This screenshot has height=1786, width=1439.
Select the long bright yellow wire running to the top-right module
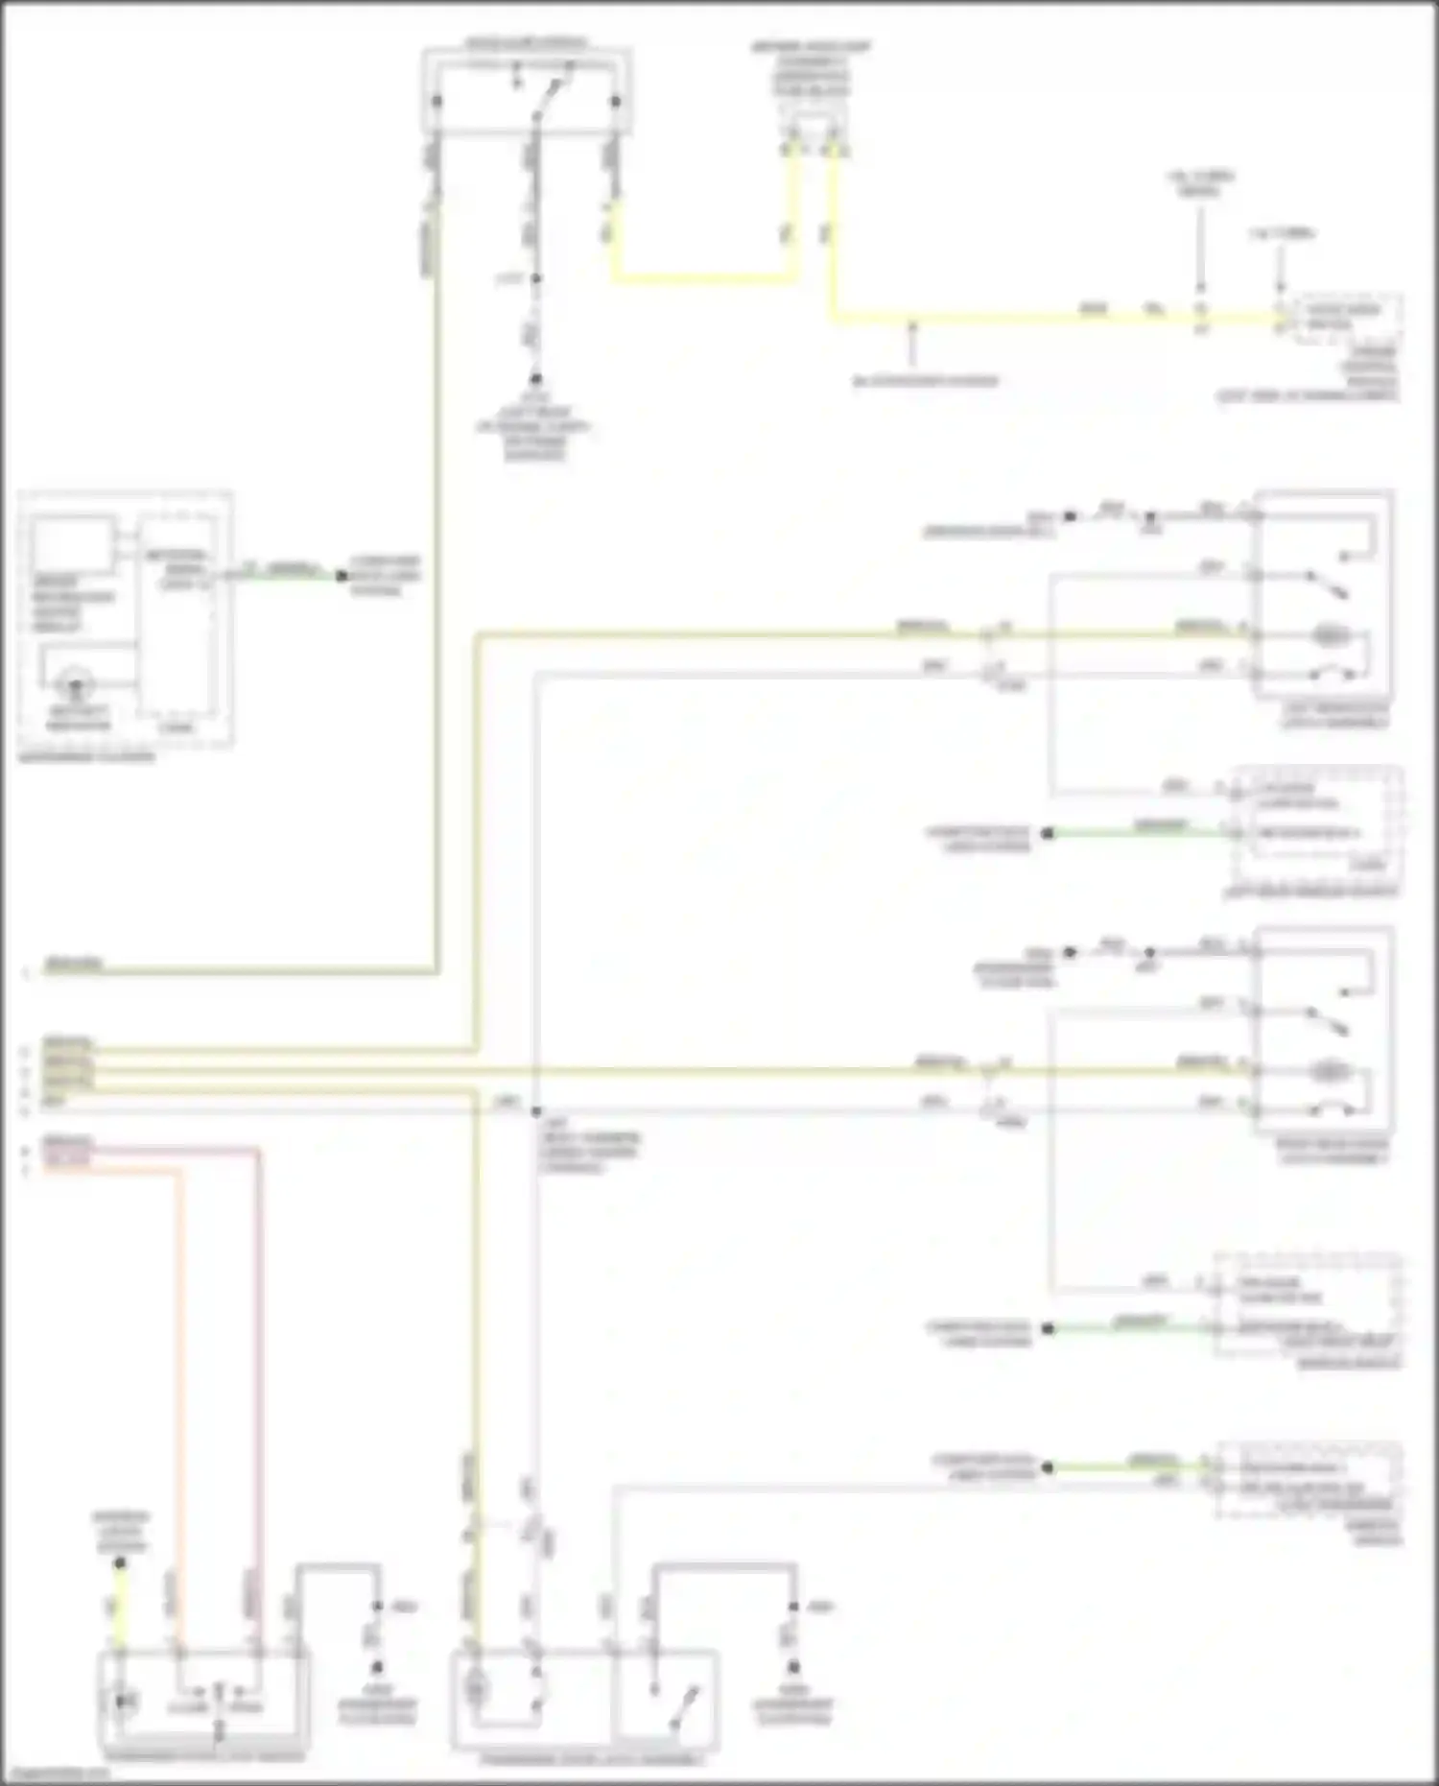click(x=1055, y=316)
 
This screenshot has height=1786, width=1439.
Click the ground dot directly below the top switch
click(x=535, y=379)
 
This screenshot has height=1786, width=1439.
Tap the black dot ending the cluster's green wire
click(x=341, y=576)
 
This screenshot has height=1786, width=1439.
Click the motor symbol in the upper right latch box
click(x=1331, y=634)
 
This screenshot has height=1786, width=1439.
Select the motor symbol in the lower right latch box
click(x=1331, y=1069)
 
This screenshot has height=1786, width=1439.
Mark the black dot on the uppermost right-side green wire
click(x=1048, y=833)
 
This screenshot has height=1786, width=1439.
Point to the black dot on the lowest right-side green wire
click(x=1048, y=1467)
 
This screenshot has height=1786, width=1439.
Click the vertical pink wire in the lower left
click(x=257, y=1392)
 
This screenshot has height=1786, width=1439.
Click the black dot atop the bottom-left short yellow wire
click(x=120, y=1563)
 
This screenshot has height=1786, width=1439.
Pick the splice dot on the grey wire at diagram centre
click(x=535, y=1111)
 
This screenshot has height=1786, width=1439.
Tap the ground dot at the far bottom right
click(x=793, y=1668)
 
